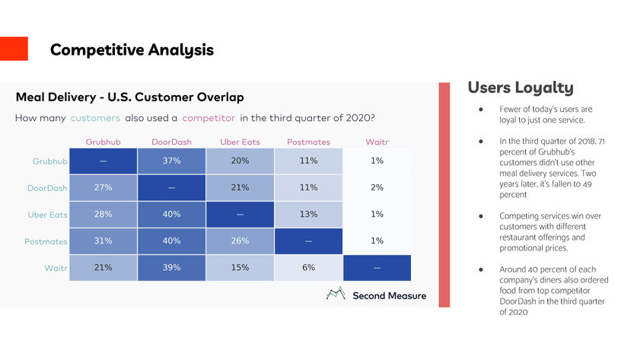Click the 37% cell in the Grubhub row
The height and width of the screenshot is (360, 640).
(171, 161)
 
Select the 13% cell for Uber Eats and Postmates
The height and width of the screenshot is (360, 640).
(308, 215)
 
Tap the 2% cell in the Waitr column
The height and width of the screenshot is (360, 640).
(377, 188)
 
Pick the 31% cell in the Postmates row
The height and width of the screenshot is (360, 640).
(103, 241)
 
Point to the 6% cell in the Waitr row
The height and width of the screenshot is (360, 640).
(308, 268)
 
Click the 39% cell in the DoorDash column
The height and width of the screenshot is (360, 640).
(171, 268)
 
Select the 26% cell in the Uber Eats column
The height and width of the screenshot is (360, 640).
(240, 241)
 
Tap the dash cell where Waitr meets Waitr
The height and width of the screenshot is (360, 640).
(377, 268)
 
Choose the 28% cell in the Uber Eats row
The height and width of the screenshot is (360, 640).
(103, 215)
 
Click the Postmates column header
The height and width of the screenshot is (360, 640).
(308, 142)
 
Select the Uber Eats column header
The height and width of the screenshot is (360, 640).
(240, 142)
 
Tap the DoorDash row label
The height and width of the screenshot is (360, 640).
(49, 188)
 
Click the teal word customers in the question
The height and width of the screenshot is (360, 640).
(95, 118)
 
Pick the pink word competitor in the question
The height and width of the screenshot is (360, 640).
(209, 118)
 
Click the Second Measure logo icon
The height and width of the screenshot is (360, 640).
(336, 295)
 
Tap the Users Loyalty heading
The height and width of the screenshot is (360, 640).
(521, 88)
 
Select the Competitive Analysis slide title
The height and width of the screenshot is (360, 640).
(132, 50)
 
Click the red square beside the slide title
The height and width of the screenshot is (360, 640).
(14, 49)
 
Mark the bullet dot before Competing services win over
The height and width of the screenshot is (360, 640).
(482, 216)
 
